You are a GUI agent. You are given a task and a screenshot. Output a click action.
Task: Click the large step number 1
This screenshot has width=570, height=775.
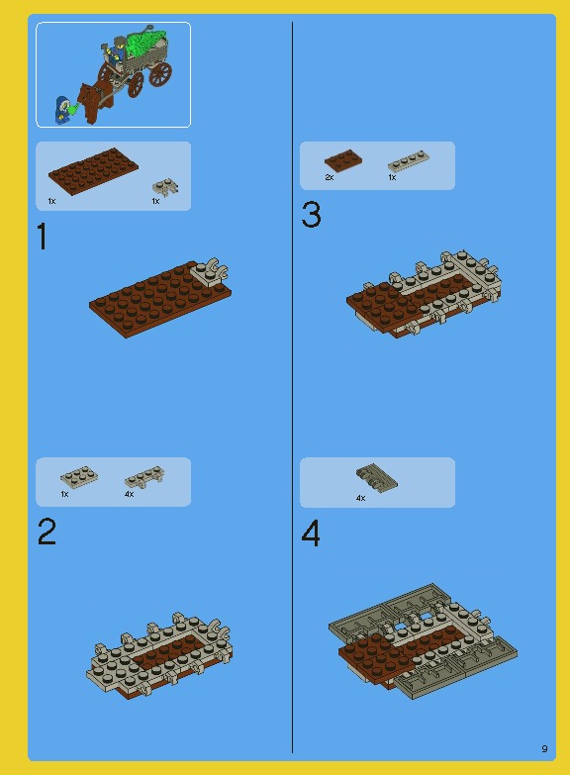[42, 238]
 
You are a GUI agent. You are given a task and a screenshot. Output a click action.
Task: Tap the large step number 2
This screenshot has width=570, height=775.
[47, 533]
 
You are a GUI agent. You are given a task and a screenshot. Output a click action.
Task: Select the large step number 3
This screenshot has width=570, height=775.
[311, 215]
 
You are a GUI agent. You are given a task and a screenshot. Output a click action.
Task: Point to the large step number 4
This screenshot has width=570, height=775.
[311, 534]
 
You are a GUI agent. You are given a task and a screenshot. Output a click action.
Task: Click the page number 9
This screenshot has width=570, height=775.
[544, 748]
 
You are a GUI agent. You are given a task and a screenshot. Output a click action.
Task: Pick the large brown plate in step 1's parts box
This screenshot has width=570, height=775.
[93, 172]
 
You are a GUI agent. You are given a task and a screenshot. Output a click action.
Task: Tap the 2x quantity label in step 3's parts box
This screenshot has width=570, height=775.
[330, 178]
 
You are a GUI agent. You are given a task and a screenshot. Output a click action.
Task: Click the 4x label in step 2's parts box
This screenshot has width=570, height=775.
[129, 494]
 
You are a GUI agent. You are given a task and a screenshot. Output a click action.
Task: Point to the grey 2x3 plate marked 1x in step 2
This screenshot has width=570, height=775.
[78, 477]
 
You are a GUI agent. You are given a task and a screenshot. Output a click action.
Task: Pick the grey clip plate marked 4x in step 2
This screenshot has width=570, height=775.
[143, 477]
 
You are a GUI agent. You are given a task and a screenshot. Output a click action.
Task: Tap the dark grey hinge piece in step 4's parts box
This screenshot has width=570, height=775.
[377, 478]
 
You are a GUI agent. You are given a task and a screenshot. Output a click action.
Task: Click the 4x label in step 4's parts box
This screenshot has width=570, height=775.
[360, 498]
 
